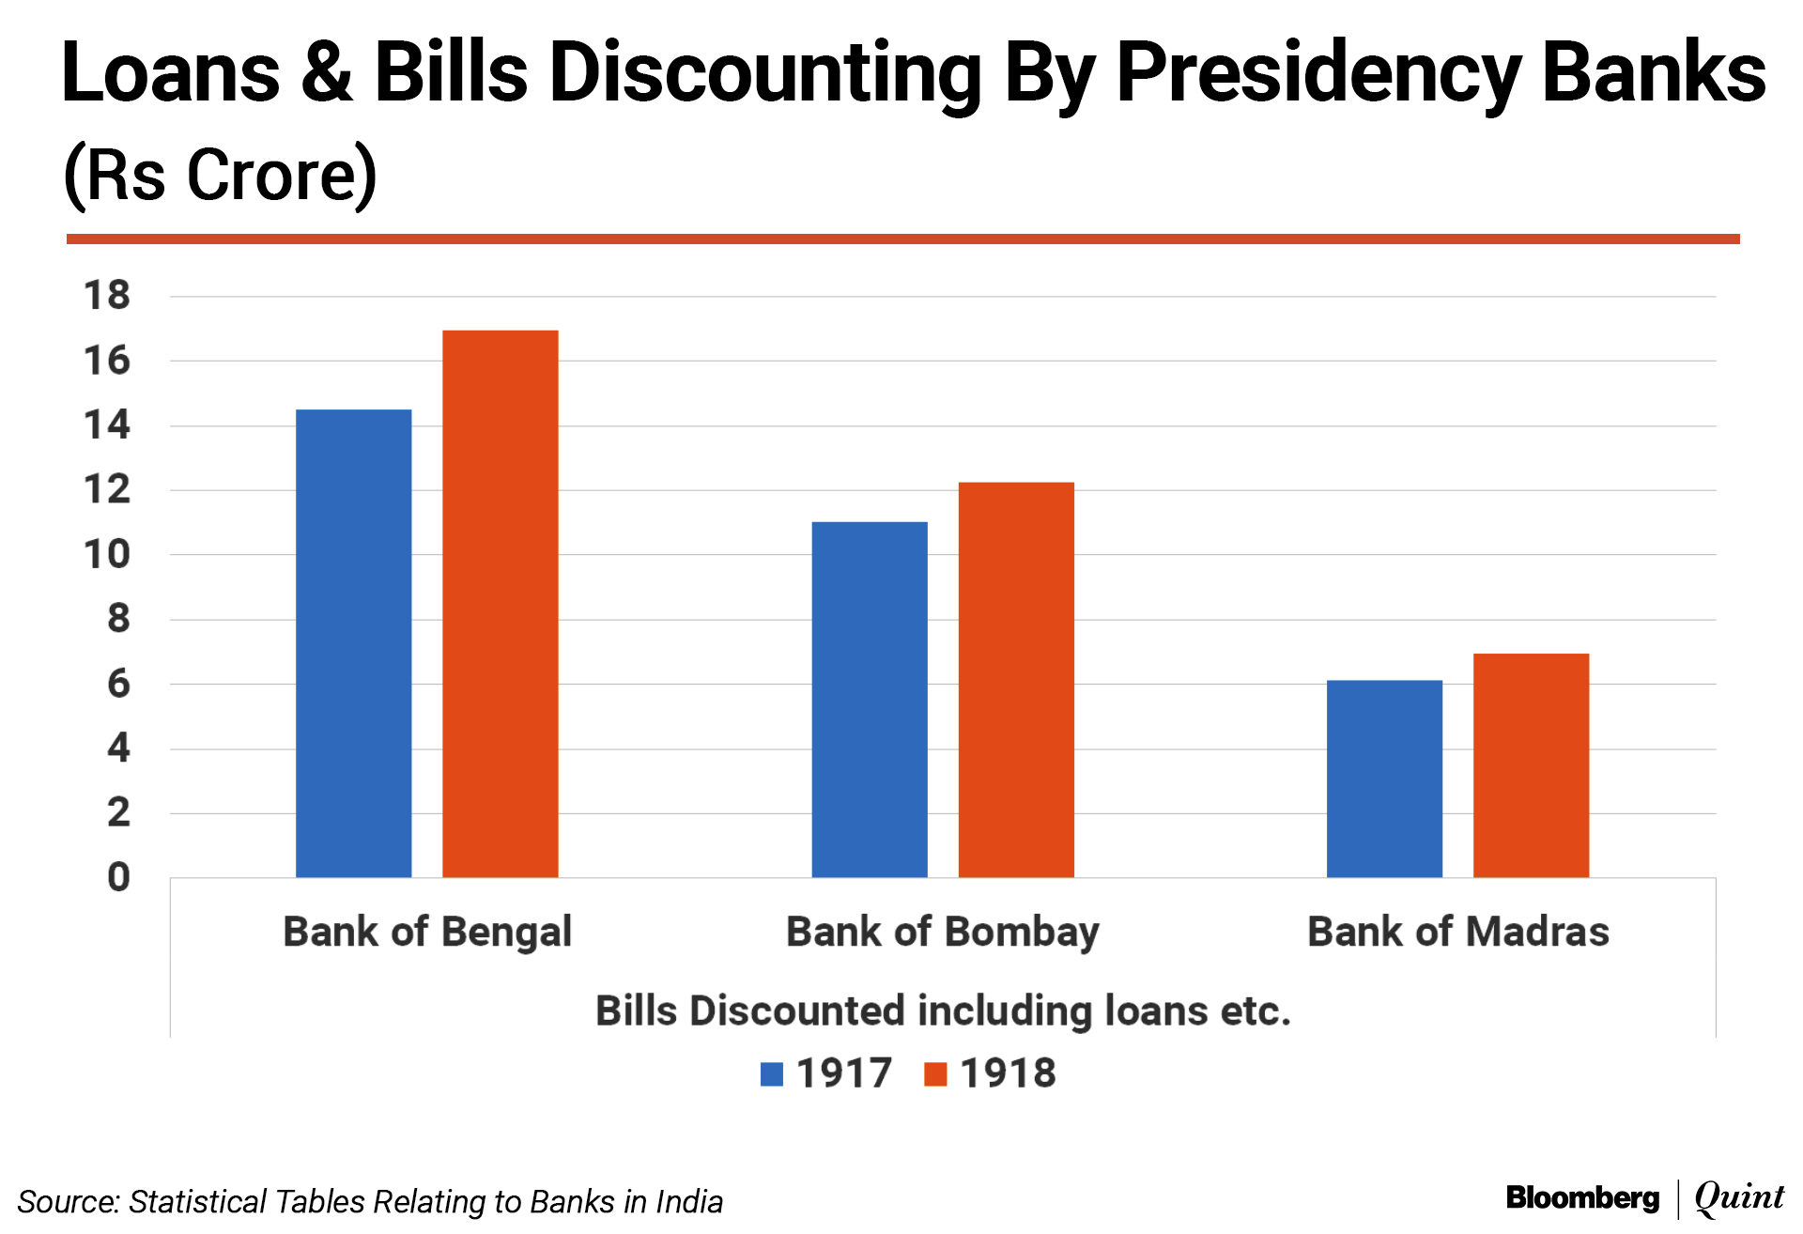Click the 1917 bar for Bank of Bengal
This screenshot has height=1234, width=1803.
[x=353, y=643]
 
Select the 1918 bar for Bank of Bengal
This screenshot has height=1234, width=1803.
[x=500, y=604]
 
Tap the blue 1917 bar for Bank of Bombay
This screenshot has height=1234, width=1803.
[x=869, y=700]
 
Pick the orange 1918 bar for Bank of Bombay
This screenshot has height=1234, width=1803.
[x=1015, y=680]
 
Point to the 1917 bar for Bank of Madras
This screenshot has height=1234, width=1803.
[x=1384, y=779]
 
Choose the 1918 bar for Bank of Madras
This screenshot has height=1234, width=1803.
[x=1531, y=765]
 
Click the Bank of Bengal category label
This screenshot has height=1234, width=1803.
[x=427, y=932]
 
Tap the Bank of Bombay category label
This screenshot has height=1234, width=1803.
[x=942, y=932]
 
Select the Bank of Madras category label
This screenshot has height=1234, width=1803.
[x=1457, y=932]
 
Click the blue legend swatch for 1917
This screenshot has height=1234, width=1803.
[x=771, y=1073]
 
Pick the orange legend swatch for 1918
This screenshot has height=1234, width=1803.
[x=935, y=1073]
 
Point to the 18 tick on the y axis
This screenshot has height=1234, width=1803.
[x=107, y=296]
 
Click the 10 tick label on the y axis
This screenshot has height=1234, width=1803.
[x=107, y=554]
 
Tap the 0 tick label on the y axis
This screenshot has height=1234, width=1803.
[x=118, y=877]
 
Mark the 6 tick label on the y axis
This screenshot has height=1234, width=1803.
[x=118, y=684]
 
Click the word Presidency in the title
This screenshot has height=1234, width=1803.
[x=1318, y=73]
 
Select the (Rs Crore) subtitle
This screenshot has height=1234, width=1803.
[x=220, y=175]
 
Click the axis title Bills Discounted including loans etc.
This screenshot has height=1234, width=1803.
[x=943, y=1010]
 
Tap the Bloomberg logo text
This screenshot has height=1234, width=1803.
[x=1582, y=1197]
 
